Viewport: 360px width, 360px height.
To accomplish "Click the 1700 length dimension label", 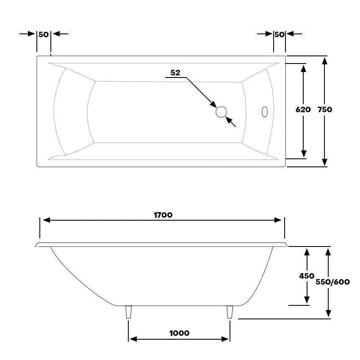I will [163, 215].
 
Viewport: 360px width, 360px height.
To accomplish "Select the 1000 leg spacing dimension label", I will [179, 333].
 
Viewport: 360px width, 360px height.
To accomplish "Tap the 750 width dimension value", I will [325, 109].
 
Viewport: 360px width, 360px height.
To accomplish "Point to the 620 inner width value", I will [303, 109].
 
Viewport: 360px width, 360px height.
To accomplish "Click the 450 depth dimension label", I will [307, 276].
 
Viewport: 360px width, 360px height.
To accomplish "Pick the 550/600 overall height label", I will [333, 282].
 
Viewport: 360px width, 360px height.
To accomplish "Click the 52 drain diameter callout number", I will [175, 73].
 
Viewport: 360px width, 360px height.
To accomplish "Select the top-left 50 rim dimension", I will [44, 34].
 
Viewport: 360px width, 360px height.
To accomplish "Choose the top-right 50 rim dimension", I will [279, 34].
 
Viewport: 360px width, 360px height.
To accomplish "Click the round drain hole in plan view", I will [222, 112].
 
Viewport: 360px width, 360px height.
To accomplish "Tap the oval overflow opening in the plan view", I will [265, 112].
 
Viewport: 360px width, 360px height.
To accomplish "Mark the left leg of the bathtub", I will [129, 312].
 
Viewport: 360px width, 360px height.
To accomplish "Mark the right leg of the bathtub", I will [230, 312].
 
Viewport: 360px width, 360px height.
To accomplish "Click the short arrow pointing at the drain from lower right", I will [230, 122].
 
